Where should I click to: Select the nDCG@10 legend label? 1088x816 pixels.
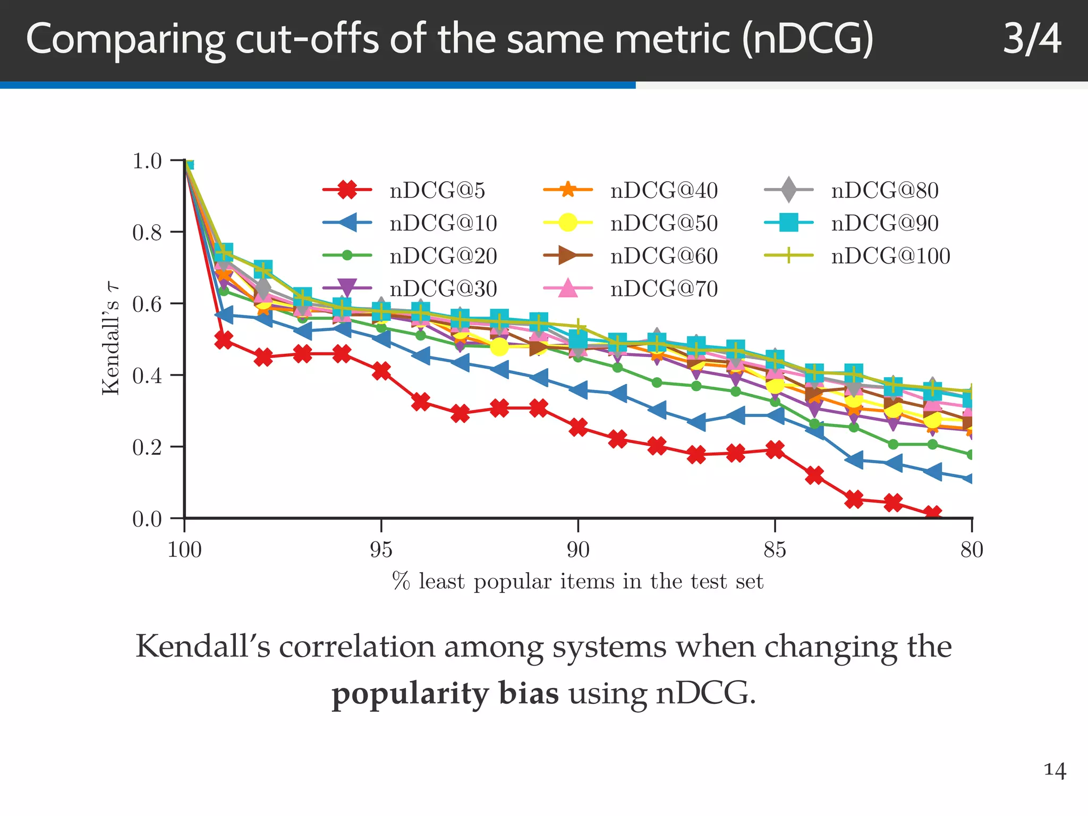pyautogui.click(x=443, y=223)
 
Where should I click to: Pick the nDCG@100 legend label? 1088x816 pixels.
pyautogui.click(x=890, y=256)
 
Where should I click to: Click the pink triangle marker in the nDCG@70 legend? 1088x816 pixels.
pyautogui.click(x=568, y=288)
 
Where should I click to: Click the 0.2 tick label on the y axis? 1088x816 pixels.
pyautogui.click(x=147, y=447)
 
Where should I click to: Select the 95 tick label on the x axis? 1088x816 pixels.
pyautogui.click(x=381, y=549)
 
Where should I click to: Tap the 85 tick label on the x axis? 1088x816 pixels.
pyautogui.click(x=775, y=549)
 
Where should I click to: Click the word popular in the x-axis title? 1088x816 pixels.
pyautogui.click(x=512, y=582)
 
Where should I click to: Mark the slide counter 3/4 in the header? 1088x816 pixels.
pyautogui.click(x=1032, y=39)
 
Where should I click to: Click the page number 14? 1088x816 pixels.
pyautogui.click(x=1055, y=770)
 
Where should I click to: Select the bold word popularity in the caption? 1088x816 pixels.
pyautogui.click(x=445, y=693)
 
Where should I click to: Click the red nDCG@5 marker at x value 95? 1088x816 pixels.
pyautogui.click(x=381, y=370)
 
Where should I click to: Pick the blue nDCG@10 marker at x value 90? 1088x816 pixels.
pyautogui.click(x=578, y=390)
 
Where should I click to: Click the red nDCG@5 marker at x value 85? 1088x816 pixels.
pyautogui.click(x=775, y=450)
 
